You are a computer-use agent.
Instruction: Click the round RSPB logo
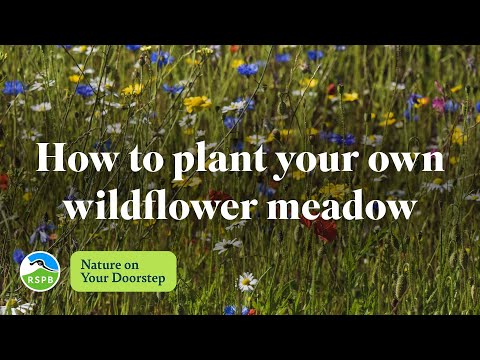pyautogui.click(x=40, y=271)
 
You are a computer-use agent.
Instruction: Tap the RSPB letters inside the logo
pyautogui.click(x=40, y=280)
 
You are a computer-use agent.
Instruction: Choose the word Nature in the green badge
pyautogui.click(x=106, y=264)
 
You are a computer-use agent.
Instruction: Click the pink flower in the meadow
pyautogui.click(x=438, y=104)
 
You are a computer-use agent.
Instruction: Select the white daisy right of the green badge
pyautogui.click(x=245, y=282)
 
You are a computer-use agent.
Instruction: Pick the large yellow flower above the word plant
pyautogui.click(x=197, y=103)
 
